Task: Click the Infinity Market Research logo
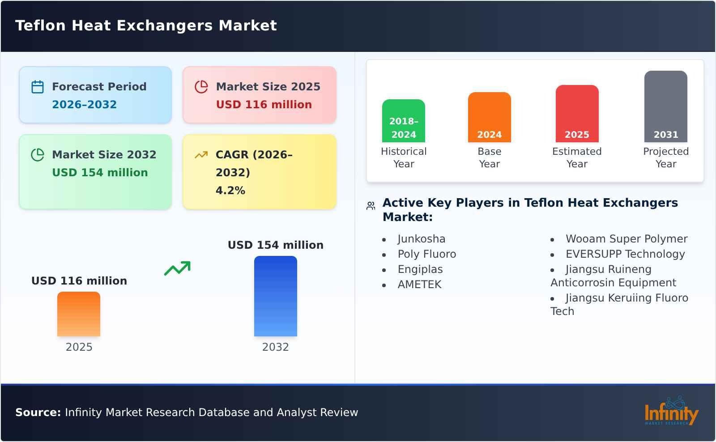671,412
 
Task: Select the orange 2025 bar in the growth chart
79,314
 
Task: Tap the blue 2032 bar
275,296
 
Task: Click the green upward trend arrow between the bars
177,268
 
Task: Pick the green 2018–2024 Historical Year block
403,121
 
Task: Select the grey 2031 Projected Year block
665,106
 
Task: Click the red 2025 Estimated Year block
577,114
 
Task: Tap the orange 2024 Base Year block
489,117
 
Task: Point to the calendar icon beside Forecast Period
38,87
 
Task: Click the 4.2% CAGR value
230,191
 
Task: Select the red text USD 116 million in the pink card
264,105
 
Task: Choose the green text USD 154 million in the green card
100,173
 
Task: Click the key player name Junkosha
421,239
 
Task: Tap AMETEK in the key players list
419,285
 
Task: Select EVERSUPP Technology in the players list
625,254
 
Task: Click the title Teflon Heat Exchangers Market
146,25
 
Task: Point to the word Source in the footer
38,412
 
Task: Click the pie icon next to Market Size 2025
201,87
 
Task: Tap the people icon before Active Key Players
371,206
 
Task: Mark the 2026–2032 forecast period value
84,105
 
